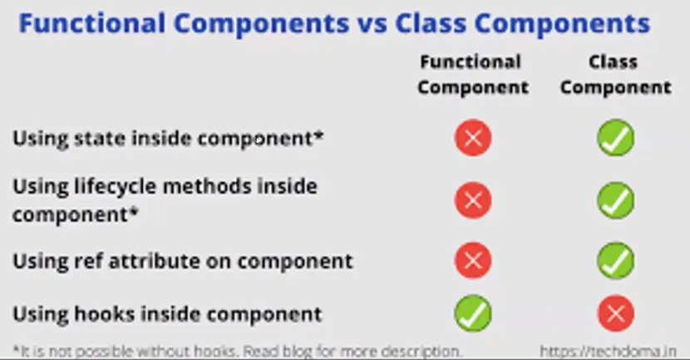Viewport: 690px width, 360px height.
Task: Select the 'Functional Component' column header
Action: tap(473, 74)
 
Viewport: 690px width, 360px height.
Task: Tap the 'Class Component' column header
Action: tap(616, 74)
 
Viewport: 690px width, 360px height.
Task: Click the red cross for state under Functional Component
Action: tap(473, 138)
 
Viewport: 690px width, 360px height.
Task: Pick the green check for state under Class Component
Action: tap(616, 138)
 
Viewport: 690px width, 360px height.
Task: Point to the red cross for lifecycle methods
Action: tap(473, 200)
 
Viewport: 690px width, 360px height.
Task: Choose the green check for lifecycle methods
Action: tap(616, 200)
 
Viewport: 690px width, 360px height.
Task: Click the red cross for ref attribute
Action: tap(473, 260)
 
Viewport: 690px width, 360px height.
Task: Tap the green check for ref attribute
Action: tap(616, 260)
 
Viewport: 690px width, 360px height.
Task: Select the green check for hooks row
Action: tap(473, 313)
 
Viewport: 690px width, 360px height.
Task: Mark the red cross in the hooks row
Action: tap(616, 313)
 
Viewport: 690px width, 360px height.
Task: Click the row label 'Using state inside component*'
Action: tap(168, 139)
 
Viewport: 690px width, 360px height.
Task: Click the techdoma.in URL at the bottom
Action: tap(609, 351)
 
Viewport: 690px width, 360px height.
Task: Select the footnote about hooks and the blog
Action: tap(238, 351)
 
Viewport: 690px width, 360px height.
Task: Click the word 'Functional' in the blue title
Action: tap(92, 24)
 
